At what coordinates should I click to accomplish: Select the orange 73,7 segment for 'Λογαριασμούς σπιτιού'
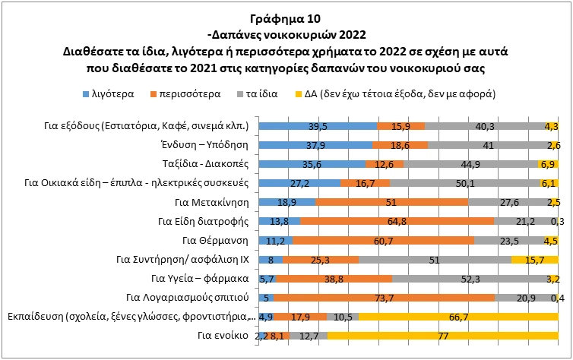point(385,298)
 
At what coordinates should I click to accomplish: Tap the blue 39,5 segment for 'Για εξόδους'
point(318,126)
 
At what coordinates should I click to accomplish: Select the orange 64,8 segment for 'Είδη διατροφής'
point(397,221)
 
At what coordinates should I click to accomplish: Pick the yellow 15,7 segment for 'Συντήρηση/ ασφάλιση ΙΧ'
point(535,260)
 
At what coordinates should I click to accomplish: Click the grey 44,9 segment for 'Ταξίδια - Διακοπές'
point(471,164)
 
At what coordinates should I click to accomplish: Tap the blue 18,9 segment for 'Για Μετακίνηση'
point(287,202)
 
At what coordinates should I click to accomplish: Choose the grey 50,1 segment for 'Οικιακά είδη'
point(465,183)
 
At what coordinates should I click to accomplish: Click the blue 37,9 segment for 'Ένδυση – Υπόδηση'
point(316,145)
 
